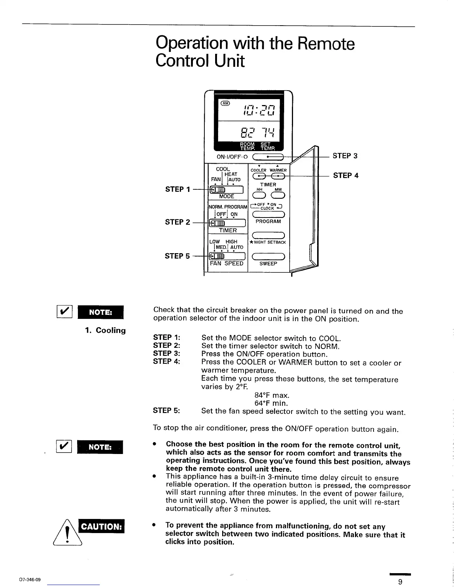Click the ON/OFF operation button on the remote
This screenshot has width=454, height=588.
268,157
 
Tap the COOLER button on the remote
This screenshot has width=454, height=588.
258,176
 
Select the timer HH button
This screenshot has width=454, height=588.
259,196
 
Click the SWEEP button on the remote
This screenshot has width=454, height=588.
268,257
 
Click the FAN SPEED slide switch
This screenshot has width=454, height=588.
228,257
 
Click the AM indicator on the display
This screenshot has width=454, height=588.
225,103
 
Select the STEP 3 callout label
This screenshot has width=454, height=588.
345,156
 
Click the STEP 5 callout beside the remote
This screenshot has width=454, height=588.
177,256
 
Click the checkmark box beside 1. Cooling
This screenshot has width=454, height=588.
64,311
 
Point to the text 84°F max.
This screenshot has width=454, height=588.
272,395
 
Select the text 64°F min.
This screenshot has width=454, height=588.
271,403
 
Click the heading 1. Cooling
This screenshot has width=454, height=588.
105,330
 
